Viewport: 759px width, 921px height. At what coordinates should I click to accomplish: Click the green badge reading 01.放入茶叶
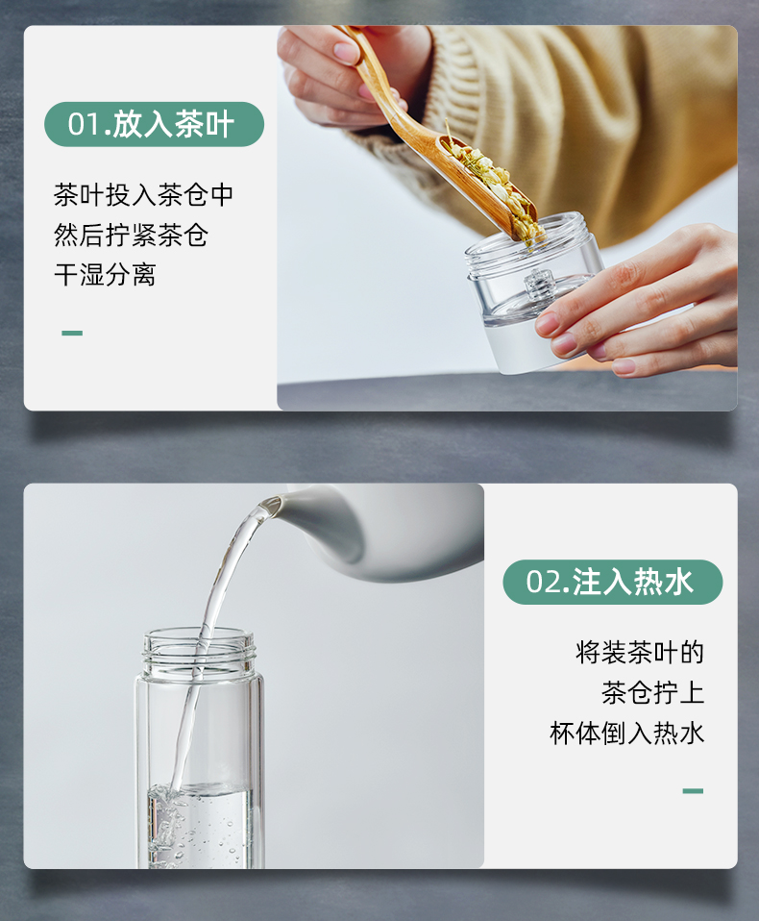pyautogui.click(x=154, y=124)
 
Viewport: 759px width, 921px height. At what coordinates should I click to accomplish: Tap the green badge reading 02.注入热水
pyautogui.click(x=612, y=582)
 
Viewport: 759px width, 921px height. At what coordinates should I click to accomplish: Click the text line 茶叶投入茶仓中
pyautogui.click(x=144, y=195)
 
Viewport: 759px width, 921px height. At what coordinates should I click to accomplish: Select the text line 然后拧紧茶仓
pyautogui.click(x=131, y=235)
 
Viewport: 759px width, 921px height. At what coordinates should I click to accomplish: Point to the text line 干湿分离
pyautogui.click(x=105, y=275)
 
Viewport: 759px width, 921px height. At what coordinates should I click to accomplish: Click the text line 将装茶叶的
pyautogui.click(x=639, y=653)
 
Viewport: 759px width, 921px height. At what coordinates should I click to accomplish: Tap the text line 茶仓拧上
pyautogui.click(x=652, y=692)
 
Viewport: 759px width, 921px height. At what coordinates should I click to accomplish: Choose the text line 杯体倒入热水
pyautogui.click(x=626, y=733)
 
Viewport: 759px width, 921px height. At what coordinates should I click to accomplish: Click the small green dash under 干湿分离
pyautogui.click(x=72, y=333)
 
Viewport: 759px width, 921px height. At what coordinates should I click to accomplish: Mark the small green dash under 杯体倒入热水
pyautogui.click(x=693, y=791)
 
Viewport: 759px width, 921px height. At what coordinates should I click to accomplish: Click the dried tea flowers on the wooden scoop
pyautogui.click(x=493, y=182)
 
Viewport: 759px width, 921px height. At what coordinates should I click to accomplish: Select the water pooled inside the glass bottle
pyautogui.click(x=200, y=825)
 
